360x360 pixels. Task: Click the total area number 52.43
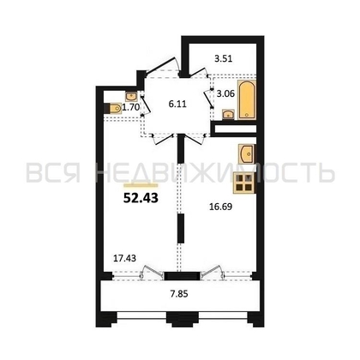click(x=141, y=198)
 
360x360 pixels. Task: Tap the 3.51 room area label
click(x=224, y=58)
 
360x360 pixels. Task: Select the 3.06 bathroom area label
click(x=225, y=93)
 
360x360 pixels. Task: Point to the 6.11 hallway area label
click(x=177, y=104)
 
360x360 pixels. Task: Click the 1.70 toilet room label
click(x=131, y=107)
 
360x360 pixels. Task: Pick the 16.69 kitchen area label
click(x=220, y=207)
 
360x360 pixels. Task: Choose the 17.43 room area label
click(x=125, y=258)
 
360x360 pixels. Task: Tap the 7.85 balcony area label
click(x=179, y=294)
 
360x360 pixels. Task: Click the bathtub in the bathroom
click(x=247, y=100)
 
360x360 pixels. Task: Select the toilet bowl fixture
click(x=113, y=108)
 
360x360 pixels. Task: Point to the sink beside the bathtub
click(x=228, y=114)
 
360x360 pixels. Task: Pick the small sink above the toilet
click(x=131, y=97)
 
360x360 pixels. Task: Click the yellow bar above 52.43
click(x=141, y=185)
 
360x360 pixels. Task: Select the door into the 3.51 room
click(x=198, y=71)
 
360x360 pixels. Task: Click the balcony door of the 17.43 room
click(x=153, y=272)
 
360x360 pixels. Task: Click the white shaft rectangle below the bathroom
click(x=236, y=129)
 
